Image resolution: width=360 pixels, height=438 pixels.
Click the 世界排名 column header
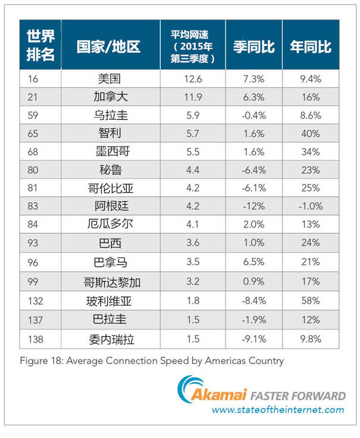click(40, 45)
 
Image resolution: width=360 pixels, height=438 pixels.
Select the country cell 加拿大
click(110, 97)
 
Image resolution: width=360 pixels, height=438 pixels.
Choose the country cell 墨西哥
click(110, 151)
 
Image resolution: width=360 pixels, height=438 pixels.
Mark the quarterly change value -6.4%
click(255, 170)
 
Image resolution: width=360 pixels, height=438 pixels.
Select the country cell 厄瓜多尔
click(110, 225)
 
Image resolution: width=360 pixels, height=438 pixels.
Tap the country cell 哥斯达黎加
click(110, 280)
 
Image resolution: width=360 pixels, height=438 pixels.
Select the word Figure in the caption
click(35, 361)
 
